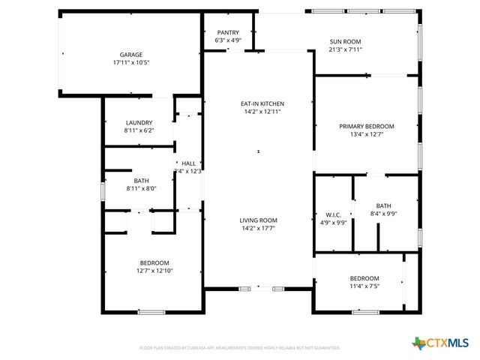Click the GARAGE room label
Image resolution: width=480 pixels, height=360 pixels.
[x=131, y=55]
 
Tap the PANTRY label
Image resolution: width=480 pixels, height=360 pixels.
[x=228, y=32]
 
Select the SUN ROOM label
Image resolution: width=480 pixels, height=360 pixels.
[x=346, y=41]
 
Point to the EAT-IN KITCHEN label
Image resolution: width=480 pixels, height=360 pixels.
[x=262, y=103]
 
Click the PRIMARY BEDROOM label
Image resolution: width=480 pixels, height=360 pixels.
[x=366, y=126]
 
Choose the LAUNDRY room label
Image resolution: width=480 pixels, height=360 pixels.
[x=139, y=122]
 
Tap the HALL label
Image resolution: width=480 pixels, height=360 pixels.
[x=188, y=163]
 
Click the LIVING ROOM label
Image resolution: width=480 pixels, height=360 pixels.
[x=259, y=220]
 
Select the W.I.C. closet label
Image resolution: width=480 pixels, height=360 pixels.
[x=334, y=214]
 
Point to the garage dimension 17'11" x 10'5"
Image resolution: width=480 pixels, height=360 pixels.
[x=131, y=63]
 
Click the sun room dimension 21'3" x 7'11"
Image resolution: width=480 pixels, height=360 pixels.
[x=346, y=49]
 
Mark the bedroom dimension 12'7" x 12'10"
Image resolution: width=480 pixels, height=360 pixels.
[x=155, y=271]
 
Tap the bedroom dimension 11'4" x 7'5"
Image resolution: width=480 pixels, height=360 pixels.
[x=364, y=286]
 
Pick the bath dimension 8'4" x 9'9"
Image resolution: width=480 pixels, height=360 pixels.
[x=383, y=214]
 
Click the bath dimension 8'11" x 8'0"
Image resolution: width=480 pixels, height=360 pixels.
[x=142, y=189]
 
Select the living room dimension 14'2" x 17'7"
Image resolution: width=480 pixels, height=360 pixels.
[x=259, y=228]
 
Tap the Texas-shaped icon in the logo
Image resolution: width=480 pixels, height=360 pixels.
[x=418, y=343]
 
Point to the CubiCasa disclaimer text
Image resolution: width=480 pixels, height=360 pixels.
[x=240, y=348]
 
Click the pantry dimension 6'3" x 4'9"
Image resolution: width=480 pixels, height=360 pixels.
[x=228, y=40]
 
